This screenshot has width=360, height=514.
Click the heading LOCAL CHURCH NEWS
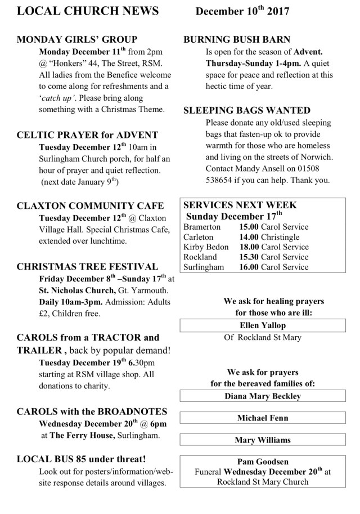point(87,11)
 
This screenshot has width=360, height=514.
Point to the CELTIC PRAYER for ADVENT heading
point(87,135)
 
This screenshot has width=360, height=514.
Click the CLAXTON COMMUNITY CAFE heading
point(90,205)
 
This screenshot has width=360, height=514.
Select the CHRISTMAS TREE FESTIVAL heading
point(87,266)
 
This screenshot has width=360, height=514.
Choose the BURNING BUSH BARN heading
point(237,40)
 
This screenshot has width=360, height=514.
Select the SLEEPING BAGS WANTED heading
point(247,110)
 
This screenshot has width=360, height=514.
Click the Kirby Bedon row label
point(206,247)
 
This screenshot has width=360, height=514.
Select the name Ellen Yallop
point(263,325)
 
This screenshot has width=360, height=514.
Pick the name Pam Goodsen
point(263,462)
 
